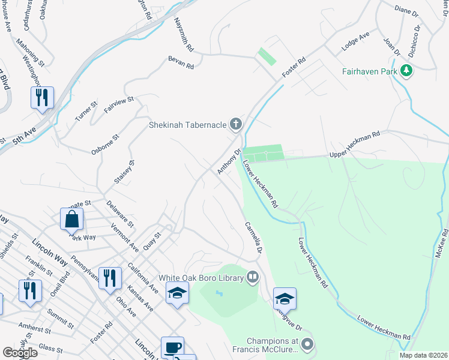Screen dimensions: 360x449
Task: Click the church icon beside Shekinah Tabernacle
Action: pos(236,125)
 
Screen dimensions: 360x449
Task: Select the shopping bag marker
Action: pos(71,220)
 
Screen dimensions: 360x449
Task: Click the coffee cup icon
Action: pos(172,348)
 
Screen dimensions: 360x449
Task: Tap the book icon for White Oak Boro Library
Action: pos(253,277)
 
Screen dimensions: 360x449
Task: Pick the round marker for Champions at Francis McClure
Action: pos(308,344)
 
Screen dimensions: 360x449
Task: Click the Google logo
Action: pos(20,353)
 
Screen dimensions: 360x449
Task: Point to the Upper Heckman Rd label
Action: pos(355,145)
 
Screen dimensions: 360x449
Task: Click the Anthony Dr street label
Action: pos(229,163)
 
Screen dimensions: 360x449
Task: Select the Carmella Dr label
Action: pos(255,238)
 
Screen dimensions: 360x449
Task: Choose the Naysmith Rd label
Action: pos(184,34)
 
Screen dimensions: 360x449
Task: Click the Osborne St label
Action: pos(106,145)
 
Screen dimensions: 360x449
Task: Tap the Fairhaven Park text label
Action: pos(370,71)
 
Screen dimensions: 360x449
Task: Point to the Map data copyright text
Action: pos(423,355)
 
